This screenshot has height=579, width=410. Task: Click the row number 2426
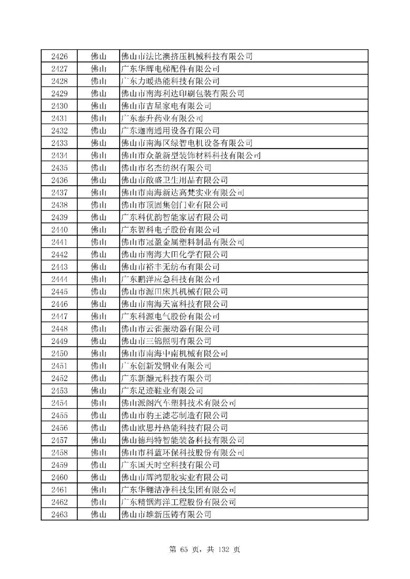coord(59,56)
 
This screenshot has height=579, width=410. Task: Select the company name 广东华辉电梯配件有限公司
coord(170,69)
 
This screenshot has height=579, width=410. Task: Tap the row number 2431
coord(59,118)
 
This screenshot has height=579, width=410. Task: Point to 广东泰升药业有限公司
coord(162,118)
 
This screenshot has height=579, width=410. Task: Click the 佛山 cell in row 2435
coord(99,168)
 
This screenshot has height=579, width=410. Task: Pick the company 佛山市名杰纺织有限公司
coord(166,168)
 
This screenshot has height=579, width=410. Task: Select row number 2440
coord(59,230)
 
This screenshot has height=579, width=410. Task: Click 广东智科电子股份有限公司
coord(170,230)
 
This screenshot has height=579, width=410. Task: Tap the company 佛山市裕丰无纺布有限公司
coord(170,267)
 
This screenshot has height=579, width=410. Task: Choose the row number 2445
coord(59,292)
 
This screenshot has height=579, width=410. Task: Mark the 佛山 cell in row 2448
coord(99,329)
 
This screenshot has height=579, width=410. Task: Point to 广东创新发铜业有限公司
coord(166,366)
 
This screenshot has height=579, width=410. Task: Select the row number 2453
coord(59,391)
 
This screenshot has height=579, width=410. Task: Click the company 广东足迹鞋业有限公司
coord(162,391)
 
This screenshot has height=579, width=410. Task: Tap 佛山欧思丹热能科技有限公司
coord(174,428)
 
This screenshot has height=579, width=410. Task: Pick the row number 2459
coord(59,465)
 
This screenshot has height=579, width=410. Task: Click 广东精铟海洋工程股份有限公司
coord(178,502)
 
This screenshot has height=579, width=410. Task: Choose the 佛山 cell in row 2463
coord(99,515)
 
